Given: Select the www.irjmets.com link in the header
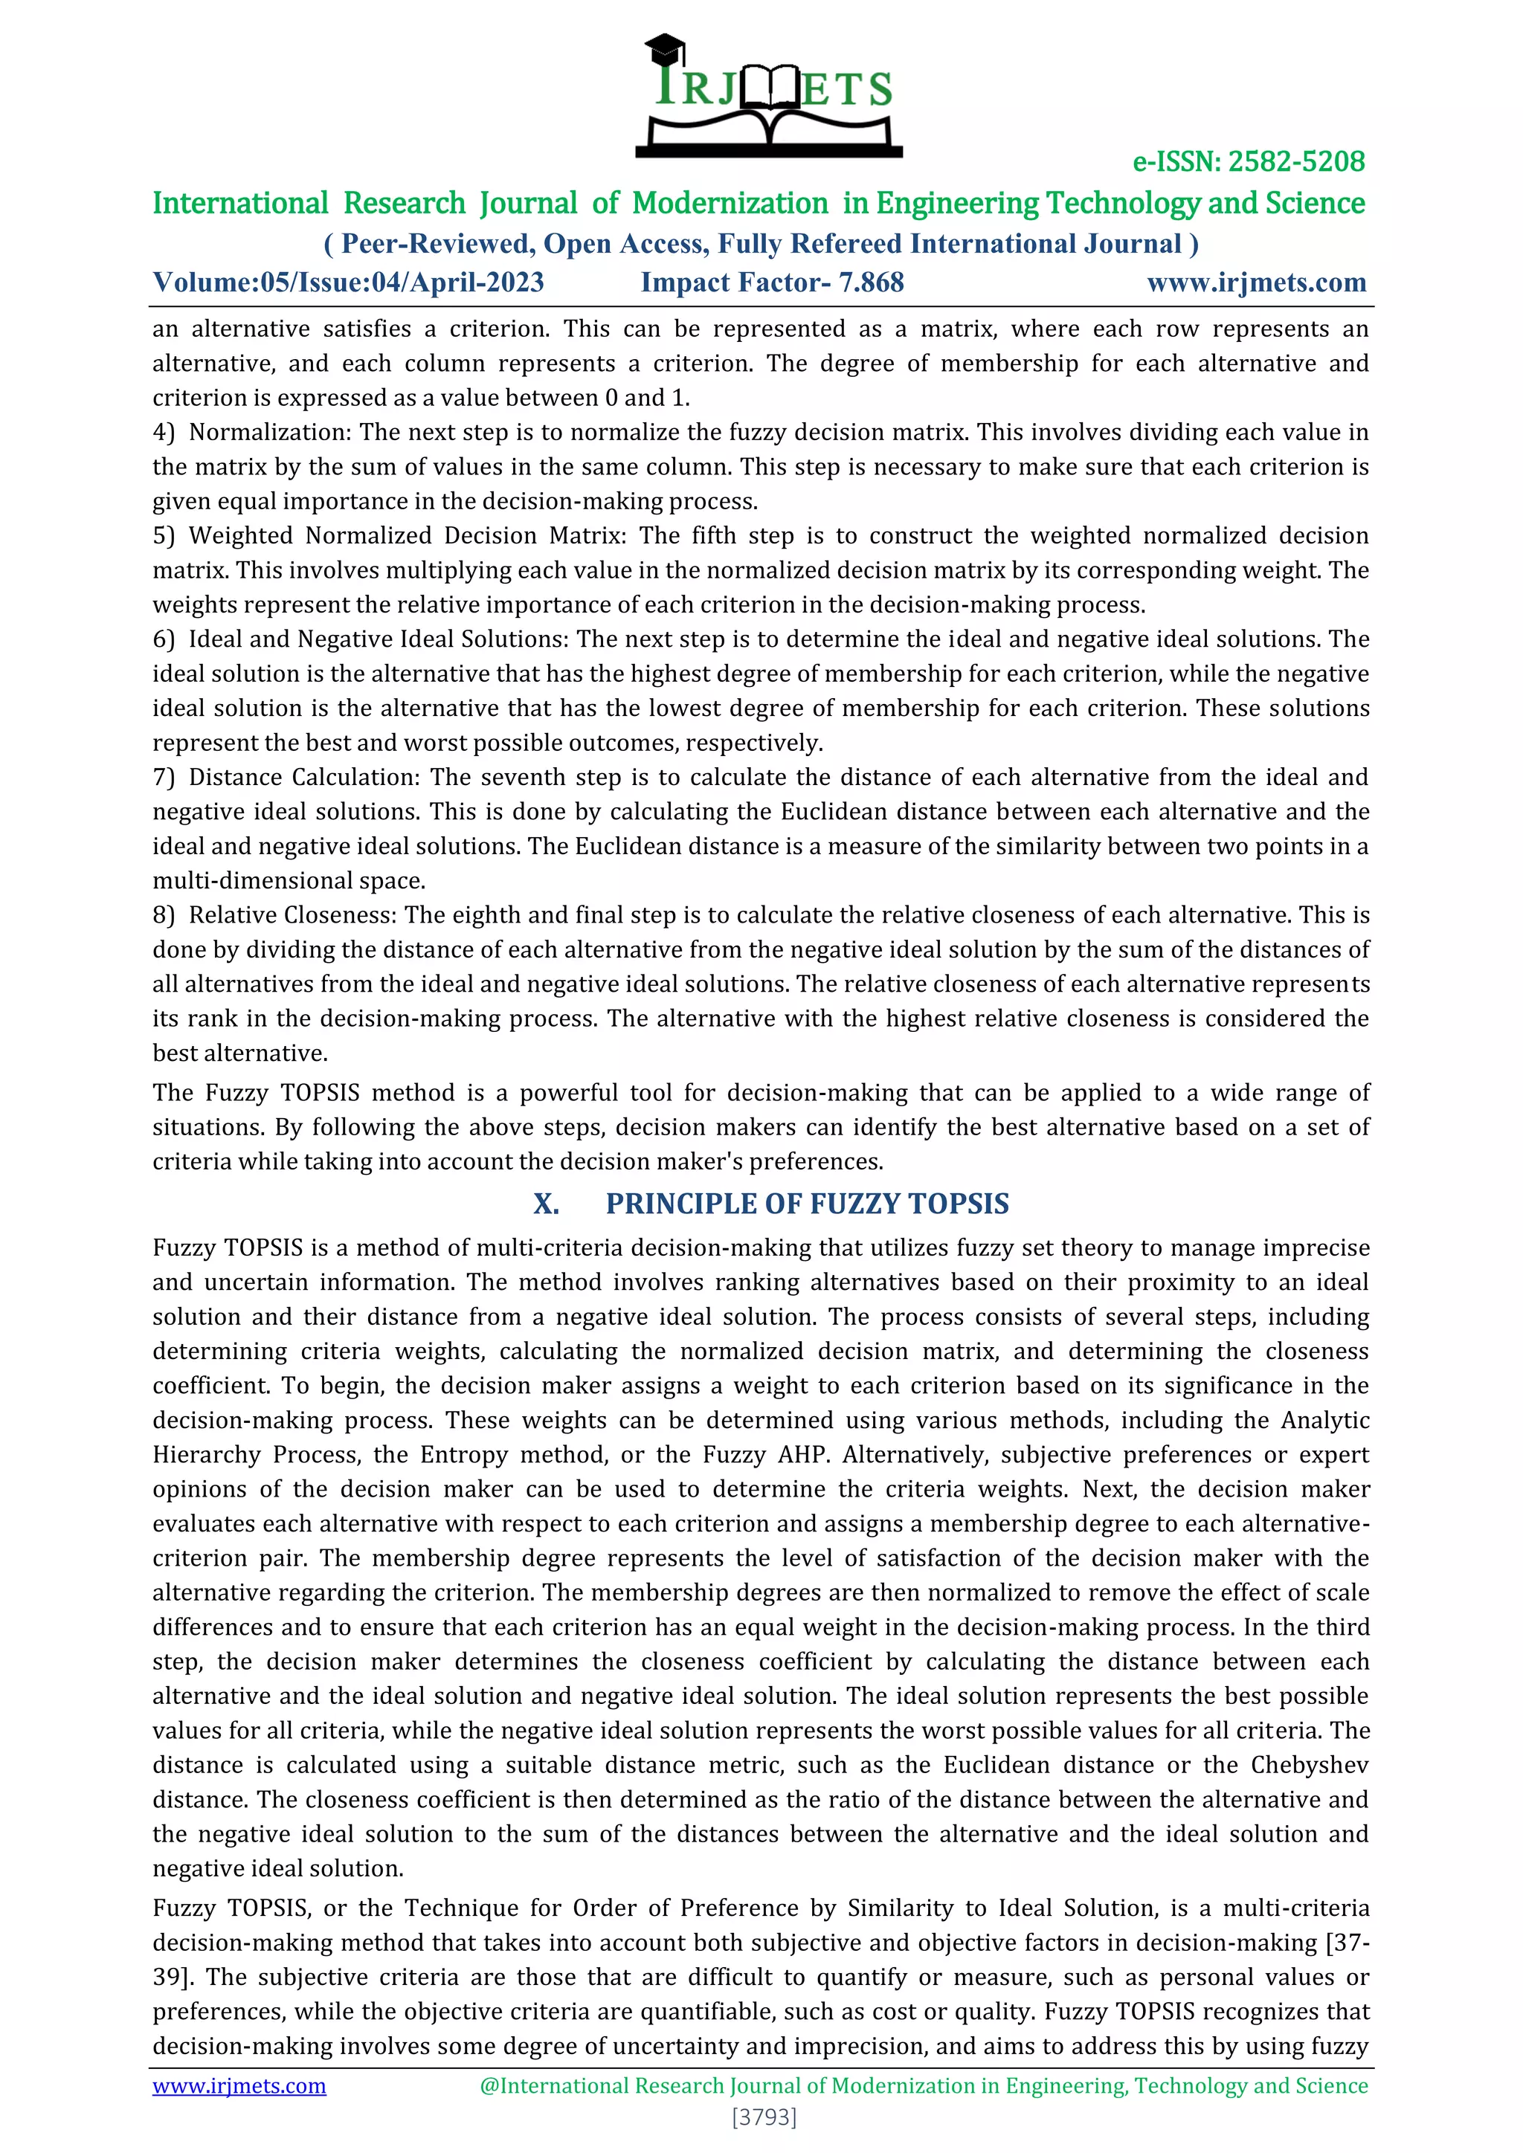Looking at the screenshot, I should click(x=1256, y=283).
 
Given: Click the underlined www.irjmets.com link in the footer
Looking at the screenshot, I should click(x=239, y=2085).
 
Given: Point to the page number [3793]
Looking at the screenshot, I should click(x=764, y=2117).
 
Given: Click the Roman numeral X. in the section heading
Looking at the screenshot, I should click(x=546, y=1204).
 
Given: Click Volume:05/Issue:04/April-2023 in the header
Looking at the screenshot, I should click(x=348, y=283).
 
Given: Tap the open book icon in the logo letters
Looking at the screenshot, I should click(x=768, y=89).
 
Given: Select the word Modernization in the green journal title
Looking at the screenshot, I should click(x=730, y=204).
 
